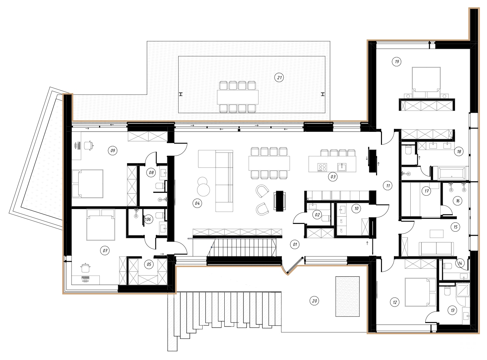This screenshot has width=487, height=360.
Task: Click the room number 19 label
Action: tap(397, 62)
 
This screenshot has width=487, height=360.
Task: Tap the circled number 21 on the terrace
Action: tap(279, 77)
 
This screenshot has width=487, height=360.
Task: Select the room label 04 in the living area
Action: tap(197, 203)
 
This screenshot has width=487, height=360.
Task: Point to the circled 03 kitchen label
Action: tap(333, 177)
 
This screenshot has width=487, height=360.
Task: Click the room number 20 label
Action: tap(314, 301)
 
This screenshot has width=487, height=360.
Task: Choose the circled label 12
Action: tap(395, 302)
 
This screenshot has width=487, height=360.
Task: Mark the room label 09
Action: tap(112, 151)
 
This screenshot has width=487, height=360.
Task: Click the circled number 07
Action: tap(105, 250)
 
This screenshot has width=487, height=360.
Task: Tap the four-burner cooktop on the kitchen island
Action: tap(322, 167)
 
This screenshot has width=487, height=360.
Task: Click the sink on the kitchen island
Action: tap(342, 167)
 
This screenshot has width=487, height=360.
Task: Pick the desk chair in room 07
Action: tap(85, 268)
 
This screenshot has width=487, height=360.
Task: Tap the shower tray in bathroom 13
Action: tap(463, 290)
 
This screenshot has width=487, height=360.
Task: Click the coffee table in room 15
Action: tap(436, 233)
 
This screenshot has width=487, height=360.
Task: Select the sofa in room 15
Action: tap(436, 248)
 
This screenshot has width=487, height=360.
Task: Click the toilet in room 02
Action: tap(325, 218)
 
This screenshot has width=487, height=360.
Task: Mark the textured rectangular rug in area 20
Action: tap(347, 297)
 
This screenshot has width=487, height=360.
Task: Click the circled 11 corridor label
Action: tap(388, 186)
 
